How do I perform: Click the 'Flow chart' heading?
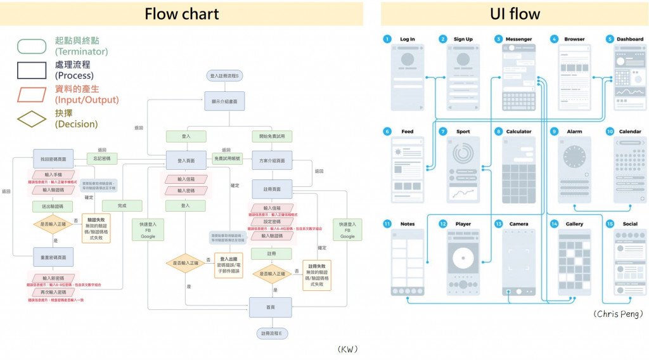point(182,14)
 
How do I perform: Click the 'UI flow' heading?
point(515,14)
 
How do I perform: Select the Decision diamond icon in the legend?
point(32,119)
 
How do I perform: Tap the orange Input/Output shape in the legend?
point(32,94)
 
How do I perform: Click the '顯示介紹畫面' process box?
point(224,101)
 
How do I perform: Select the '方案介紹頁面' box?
point(273,160)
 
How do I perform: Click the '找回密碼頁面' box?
point(53,158)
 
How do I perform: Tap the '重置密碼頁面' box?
point(53,257)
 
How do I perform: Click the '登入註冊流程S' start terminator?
point(224,76)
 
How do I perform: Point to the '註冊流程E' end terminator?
point(271,333)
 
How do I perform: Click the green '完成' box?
point(122,205)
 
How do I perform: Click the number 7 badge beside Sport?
point(443,132)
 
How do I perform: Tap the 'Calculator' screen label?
point(518,132)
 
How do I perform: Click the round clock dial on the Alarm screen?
point(574,156)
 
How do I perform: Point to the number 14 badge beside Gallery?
point(554,224)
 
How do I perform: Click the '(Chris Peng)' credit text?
point(618,314)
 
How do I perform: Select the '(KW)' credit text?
point(348,349)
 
